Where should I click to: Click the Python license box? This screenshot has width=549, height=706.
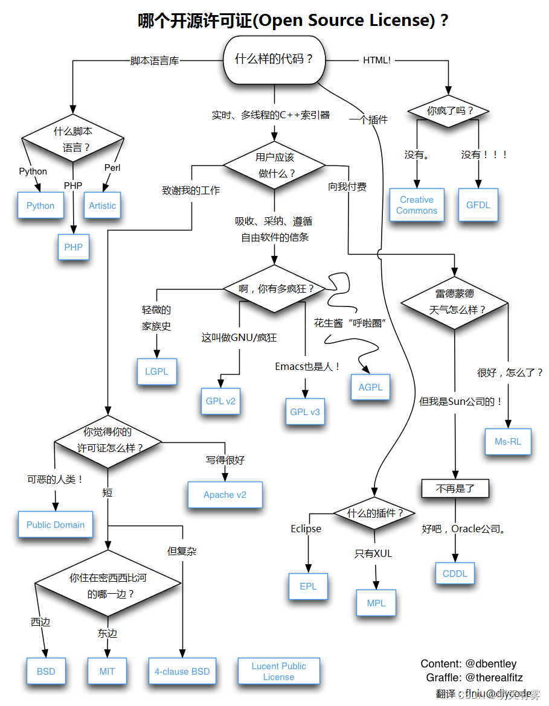(40, 206)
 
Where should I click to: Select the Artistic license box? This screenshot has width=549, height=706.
(102, 206)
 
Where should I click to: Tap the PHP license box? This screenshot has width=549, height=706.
(74, 247)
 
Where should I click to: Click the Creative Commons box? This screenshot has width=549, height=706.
(417, 205)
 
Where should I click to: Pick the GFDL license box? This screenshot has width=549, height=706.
(478, 205)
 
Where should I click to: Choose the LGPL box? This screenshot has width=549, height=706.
(156, 371)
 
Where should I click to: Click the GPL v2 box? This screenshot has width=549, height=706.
(220, 401)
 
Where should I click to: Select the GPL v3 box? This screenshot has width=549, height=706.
(305, 412)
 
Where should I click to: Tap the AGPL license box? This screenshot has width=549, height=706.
(370, 387)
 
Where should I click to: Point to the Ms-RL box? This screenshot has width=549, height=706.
(508, 441)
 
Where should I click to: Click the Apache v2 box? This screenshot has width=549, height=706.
(225, 495)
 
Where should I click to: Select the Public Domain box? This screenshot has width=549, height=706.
(56, 525)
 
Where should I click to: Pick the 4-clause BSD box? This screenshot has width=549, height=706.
(182, 672)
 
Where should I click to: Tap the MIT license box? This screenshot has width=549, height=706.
(107, 672)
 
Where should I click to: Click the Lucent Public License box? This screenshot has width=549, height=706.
(278, 672)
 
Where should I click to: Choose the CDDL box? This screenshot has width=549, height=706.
(455, 573)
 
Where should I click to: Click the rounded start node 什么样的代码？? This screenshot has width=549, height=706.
(274, 59)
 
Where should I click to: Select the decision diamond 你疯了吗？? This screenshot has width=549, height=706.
(449, 111)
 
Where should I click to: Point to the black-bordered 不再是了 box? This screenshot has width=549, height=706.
(455, 488)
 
